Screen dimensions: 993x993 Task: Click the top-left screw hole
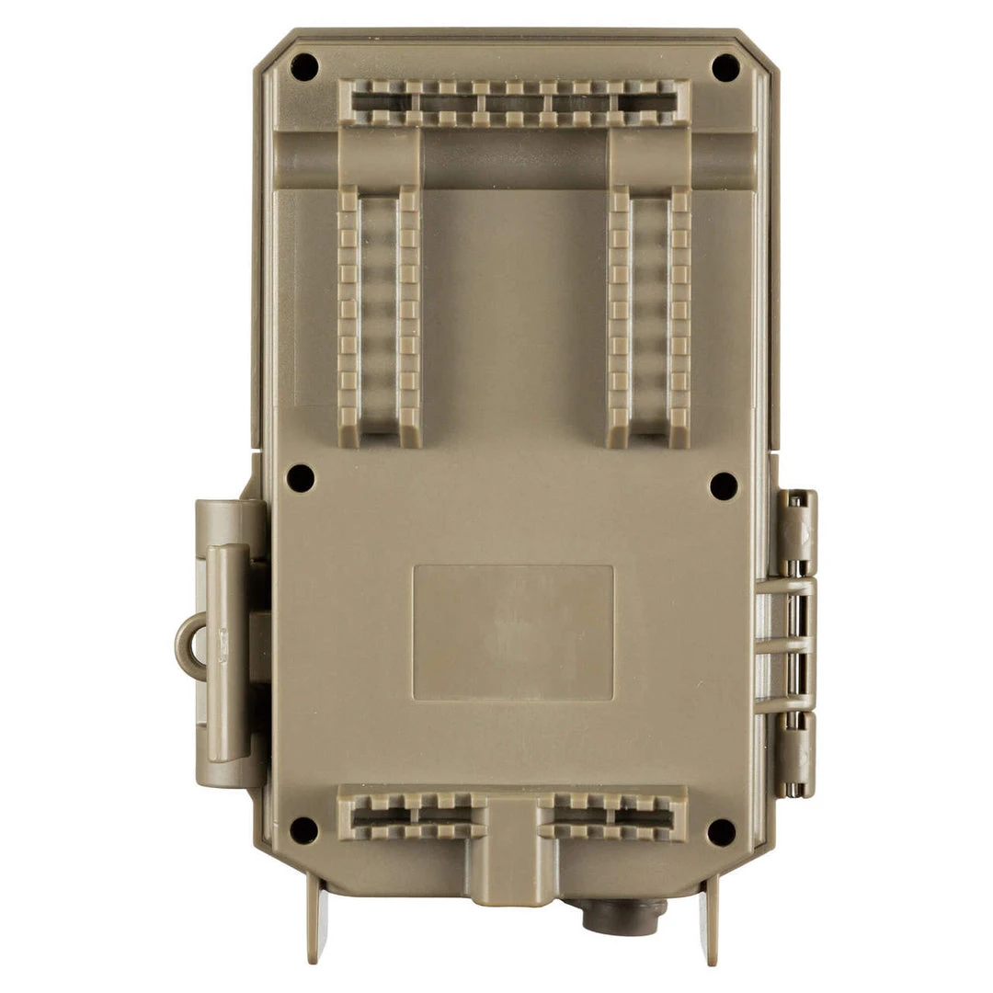click(303, 66)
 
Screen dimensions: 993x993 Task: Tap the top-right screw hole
click(725, 67)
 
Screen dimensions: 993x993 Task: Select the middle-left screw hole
click(301, 477)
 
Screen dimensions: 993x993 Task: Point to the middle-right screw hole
click(724, 485)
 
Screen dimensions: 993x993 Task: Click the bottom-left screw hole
click(303, 830)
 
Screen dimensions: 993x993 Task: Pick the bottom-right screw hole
click(722, 832)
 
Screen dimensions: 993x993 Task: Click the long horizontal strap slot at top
click(513, 102)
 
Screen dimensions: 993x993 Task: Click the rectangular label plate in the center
click(513, 633)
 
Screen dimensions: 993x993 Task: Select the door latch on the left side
click(226, 644)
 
